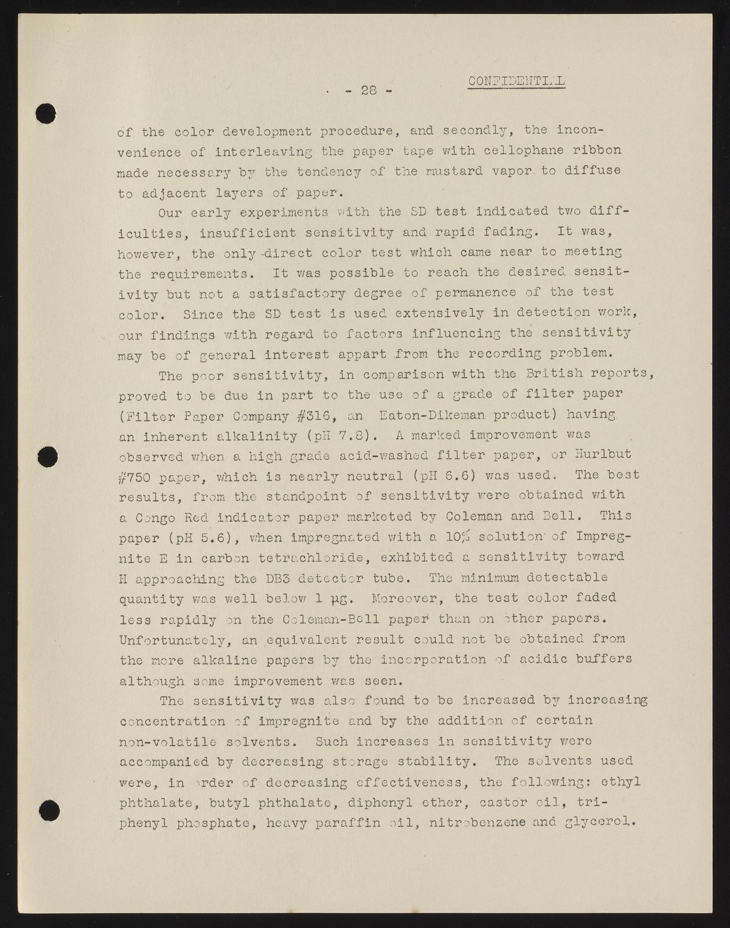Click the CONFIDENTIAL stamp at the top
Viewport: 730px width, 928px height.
point(516,82)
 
